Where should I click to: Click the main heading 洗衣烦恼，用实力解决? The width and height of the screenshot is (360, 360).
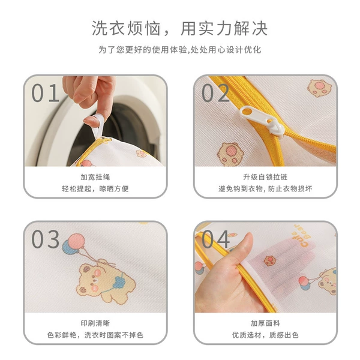click(x=180, y=28)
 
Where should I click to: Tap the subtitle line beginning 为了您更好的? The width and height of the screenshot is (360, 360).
click(x=180, y=50)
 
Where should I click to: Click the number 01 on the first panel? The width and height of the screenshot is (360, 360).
click(x=45, y=93)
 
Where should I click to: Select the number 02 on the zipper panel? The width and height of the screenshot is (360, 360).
click(x=215, y=93)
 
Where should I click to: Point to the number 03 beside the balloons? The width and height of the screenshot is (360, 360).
click(x=45, y=239)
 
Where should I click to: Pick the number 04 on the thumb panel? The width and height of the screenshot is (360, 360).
click(x=215, y=239)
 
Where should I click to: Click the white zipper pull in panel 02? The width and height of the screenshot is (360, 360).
click(x=262, y=122)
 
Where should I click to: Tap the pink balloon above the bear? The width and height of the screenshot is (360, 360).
click(x=77, y=241)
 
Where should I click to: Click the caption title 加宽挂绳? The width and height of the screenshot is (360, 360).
click(x=95, y=177)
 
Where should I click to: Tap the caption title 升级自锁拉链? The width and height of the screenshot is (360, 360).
click(x=265, y=177)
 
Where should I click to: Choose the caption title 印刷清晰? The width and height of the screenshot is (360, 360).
click(x=95, y=323)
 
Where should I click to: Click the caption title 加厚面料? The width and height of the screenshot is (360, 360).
click(x=265, y=323)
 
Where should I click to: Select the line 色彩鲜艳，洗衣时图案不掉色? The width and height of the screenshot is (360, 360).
click(x=95, y=335)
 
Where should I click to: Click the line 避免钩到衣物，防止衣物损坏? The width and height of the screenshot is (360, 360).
click(x=265, y=189)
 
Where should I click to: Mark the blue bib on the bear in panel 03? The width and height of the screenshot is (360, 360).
click(x=119, y=282)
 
